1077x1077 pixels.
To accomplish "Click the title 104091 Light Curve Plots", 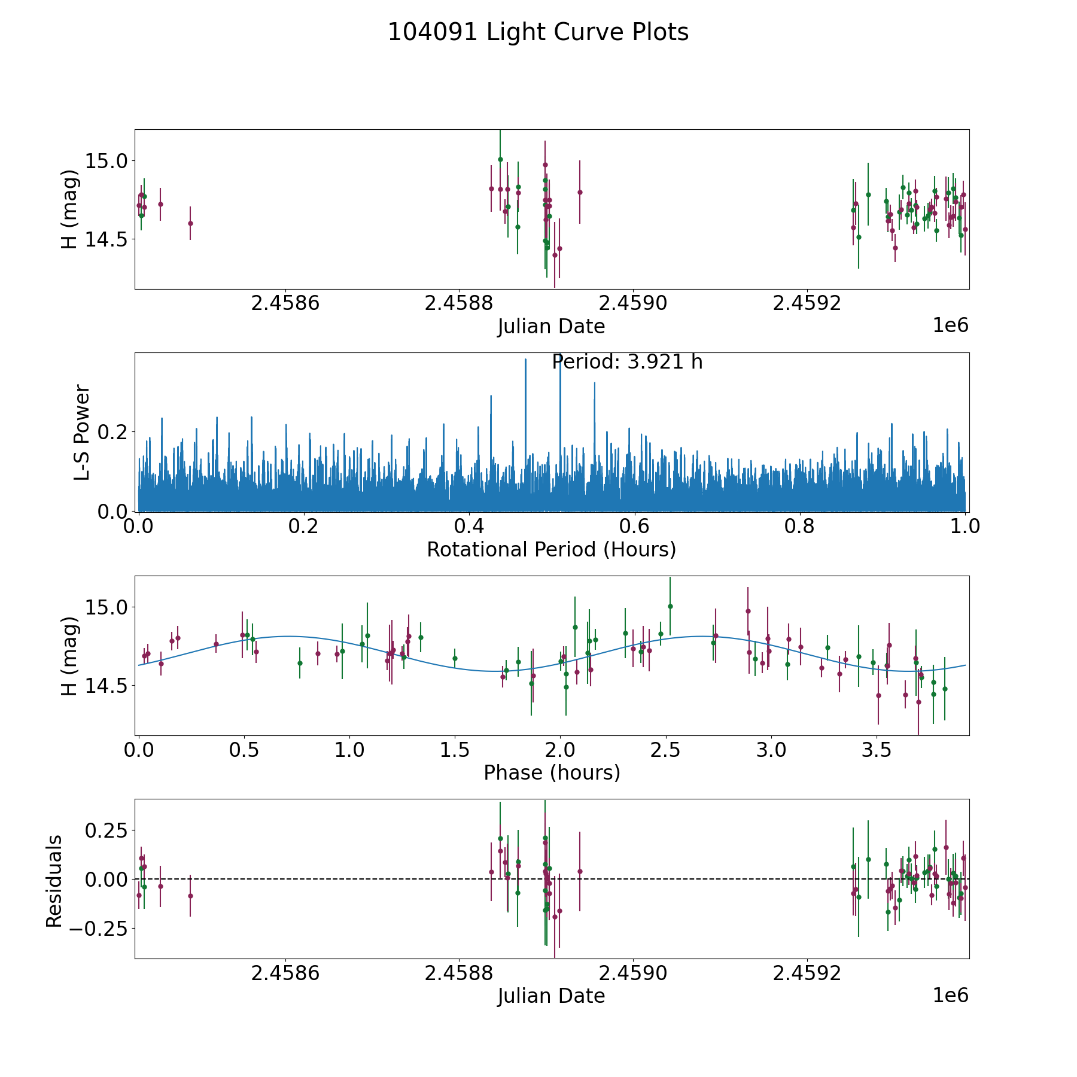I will (538, 32).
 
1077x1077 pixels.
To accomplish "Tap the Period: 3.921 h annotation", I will (626, 362).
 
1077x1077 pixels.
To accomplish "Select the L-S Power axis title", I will (83, 432).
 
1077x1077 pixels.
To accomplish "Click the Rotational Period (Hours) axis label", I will (551, 549).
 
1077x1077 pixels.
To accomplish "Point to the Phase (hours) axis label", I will (551, 773).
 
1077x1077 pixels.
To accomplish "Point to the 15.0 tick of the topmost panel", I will (105, 161).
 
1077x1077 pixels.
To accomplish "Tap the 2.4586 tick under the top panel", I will (285, 303).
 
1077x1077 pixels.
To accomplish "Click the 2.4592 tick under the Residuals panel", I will (807, 973).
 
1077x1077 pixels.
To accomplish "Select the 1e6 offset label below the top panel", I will (950, 325).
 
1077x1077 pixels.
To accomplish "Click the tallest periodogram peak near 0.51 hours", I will (560, 359).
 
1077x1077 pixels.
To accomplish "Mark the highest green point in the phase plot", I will (670, 606).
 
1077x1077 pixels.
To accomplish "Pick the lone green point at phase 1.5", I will (455, 658).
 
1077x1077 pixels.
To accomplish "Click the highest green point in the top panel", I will (500, 159).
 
